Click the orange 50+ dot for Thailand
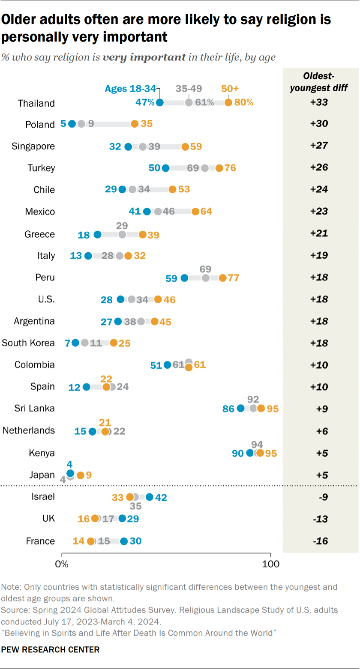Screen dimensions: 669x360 [x=228, y=102]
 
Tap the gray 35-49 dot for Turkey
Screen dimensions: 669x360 [x=205, y=168]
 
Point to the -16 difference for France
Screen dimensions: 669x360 [x=320, y=541]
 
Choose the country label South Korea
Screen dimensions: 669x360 [x=28, y=343]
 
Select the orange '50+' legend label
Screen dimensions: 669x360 [x=230, y=89]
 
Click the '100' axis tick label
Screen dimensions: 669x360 [x=271, y=563]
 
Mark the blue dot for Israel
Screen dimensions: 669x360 [x=149, y=497]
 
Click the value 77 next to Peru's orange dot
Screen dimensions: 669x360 [x=234, y=278]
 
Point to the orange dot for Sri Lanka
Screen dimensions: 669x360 [x=261, y=409]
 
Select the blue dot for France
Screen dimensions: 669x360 [x=124, y=541]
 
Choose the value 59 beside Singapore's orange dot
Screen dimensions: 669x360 [x=196, y=146]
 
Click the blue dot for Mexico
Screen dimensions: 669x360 [x=147, y=212]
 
